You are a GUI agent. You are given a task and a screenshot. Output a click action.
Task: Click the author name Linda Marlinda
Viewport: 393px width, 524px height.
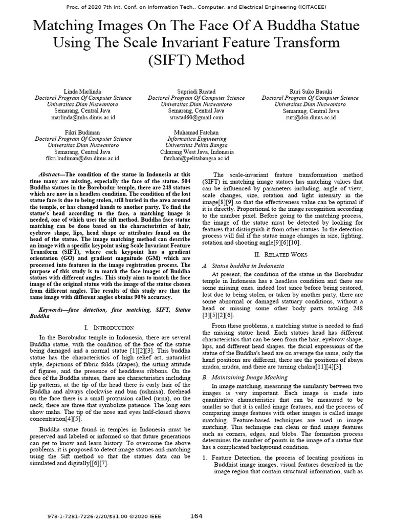click(83, 91)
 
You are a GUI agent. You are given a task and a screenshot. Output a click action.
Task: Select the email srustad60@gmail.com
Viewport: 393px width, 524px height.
click(196, 117)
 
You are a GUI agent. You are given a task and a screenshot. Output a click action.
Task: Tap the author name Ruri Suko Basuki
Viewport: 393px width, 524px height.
click(310, 91)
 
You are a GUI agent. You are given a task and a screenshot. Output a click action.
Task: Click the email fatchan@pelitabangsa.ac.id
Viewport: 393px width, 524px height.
click(196, 159)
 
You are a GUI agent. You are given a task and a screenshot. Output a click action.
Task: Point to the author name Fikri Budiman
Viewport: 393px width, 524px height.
click(83, 132)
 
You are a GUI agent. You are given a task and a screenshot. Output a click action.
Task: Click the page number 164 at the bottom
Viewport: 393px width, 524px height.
click(197, 515)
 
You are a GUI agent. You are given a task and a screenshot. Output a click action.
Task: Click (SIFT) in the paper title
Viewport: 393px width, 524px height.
click(168, 60)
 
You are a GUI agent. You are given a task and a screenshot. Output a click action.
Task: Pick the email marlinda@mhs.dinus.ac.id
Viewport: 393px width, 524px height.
click(83, 117)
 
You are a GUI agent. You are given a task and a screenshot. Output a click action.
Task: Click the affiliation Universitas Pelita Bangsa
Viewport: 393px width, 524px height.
click(196, 145)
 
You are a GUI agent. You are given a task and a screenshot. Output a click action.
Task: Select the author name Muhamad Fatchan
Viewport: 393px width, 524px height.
click(196, 132)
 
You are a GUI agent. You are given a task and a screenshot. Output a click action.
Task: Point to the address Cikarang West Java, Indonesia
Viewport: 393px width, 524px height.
click(196, 152)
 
